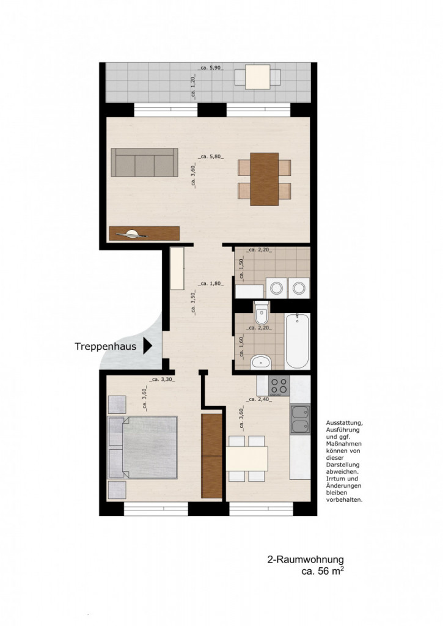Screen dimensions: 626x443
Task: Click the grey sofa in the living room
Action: point(144,163)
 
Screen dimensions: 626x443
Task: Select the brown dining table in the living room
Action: point(265,179)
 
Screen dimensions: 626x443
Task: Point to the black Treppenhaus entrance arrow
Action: point(147,346)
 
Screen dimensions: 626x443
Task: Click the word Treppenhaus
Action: point(105,346)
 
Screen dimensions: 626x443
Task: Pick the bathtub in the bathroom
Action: point(298,341)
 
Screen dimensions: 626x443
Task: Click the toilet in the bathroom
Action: point(261,315)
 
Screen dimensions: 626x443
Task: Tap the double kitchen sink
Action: point(300,419)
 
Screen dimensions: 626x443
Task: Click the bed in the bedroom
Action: point(143,447)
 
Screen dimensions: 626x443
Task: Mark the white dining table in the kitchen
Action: point(247,457)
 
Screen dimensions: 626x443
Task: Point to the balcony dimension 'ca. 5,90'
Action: point(211,68)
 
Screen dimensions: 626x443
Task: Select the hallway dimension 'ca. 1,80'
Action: point(211,284)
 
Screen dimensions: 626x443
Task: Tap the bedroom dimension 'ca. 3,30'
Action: point(163,380)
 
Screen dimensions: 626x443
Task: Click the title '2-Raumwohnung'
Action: point(306,559)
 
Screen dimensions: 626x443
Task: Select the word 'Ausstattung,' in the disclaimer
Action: point(345,423)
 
